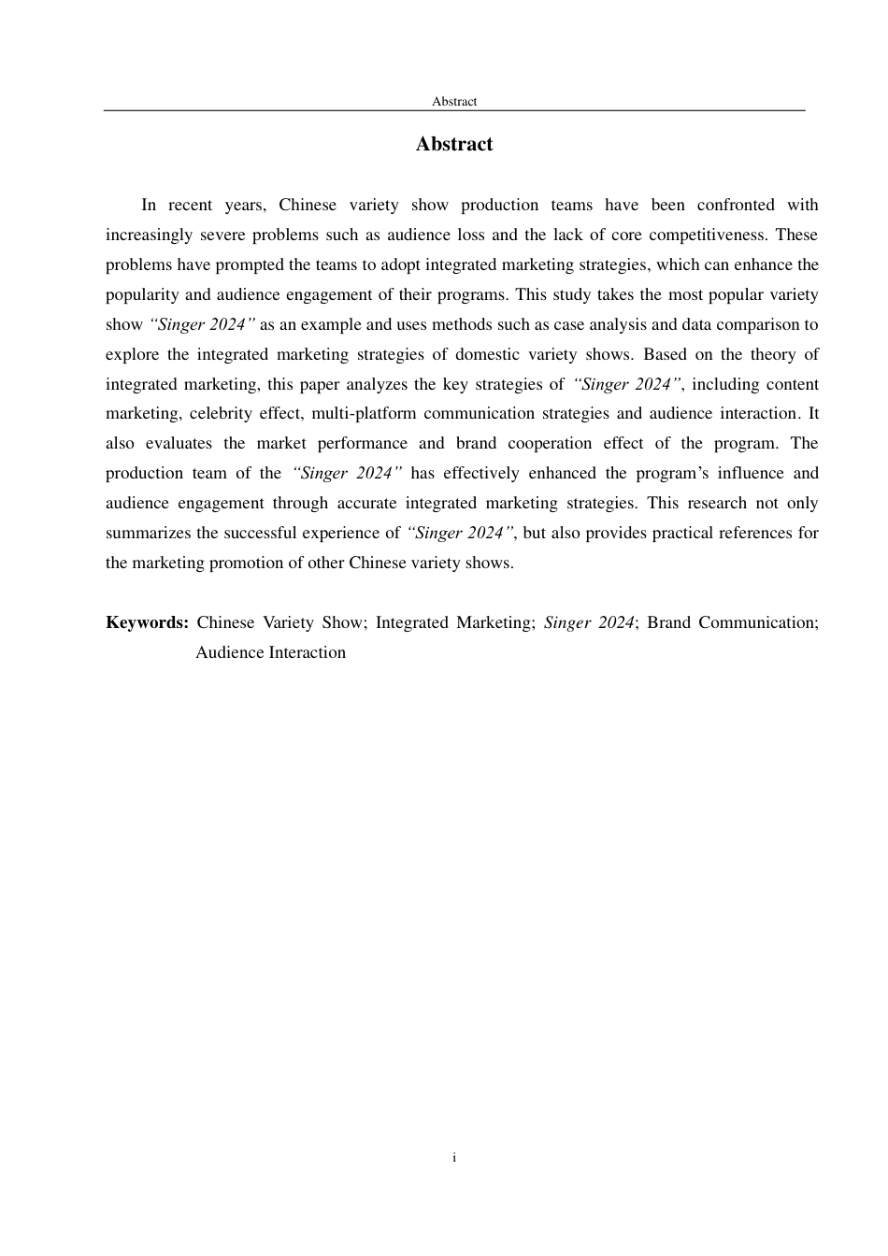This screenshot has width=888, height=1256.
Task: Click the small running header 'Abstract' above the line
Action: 454,101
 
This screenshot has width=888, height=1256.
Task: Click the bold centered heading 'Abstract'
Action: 454,144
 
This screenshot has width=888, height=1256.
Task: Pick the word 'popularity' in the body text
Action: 141,294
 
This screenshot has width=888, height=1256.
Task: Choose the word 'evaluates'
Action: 179,443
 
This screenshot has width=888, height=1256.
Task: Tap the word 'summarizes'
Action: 149,533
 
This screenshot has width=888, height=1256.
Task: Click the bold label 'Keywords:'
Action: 148,622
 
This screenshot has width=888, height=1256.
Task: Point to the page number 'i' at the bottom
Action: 454,1158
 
